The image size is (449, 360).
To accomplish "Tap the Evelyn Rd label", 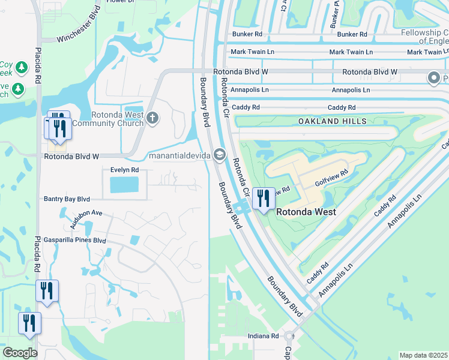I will tap(124, 170).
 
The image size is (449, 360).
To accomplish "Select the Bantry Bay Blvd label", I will tap(67, 199).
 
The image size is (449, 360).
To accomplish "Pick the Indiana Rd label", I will tap(264, 337).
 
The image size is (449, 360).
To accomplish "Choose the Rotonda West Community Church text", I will tap(117, 119).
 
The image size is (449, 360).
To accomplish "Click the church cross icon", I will tap(152, 118).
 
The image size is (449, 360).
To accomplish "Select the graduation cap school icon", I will tap(219, 155).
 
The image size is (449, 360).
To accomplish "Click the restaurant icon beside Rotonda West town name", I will tap(264, 197).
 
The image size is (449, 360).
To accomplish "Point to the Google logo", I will tap(20, 352).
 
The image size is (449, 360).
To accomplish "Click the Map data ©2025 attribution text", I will tap(423, 355).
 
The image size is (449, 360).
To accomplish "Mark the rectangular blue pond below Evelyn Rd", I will tap(125, 185).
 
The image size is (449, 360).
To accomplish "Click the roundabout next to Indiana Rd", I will tap(289, 337).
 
